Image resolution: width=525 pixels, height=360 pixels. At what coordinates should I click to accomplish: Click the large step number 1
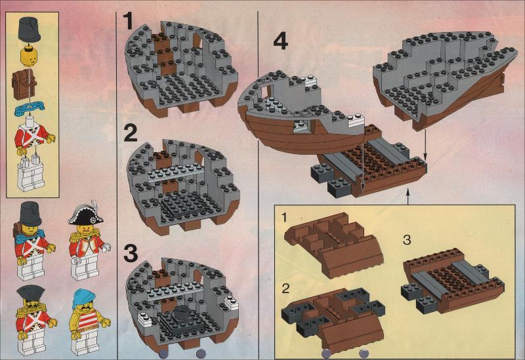tap(128, 21)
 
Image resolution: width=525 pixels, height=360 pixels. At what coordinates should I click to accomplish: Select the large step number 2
tap(131, 132)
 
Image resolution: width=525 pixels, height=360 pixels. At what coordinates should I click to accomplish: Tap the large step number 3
tap(131, 253)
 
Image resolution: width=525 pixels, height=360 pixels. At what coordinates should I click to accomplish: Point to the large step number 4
tap(281, 42)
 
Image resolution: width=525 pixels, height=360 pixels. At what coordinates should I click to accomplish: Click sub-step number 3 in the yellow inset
tap(407, 240)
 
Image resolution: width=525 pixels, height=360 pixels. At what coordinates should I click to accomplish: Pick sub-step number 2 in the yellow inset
tap(285, 289)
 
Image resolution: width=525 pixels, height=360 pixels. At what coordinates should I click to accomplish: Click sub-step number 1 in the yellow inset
tap(284, 218)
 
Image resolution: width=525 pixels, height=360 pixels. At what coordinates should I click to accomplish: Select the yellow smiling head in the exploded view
tap(30, 58)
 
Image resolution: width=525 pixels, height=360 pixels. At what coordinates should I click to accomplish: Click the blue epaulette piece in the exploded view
tap(31, 110)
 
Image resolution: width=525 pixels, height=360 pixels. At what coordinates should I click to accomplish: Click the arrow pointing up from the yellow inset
tap(408, 197)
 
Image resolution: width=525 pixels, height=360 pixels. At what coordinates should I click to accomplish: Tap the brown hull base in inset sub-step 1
tap(333, 244)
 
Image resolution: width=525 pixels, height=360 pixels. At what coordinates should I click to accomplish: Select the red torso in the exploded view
tap(31, 137)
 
